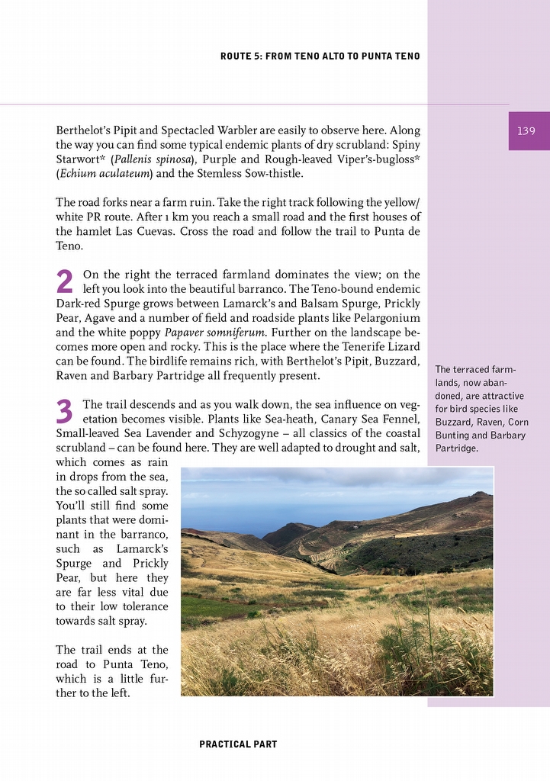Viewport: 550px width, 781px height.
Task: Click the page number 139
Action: click(526, 131)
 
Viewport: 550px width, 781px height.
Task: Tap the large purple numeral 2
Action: click(65, 282)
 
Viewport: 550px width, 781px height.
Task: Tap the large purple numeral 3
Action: click(65, 412)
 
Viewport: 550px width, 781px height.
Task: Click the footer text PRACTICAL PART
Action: click(238, 744)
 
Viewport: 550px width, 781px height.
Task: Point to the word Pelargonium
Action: click(384, 317)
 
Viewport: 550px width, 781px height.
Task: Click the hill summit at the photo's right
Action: click(478, 495)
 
